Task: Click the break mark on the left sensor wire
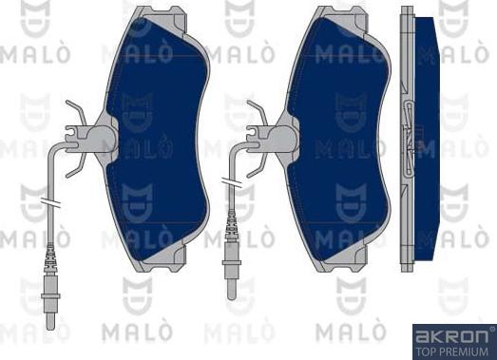(50, 203)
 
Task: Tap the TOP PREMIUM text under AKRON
(451, 350)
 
